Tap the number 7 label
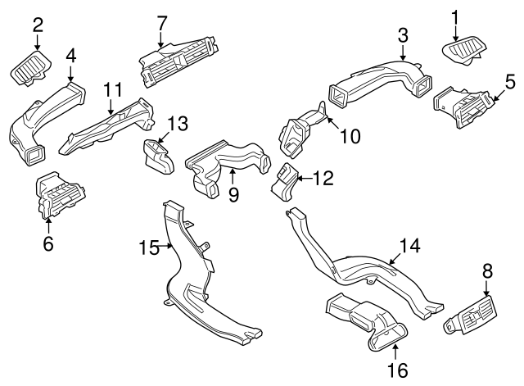(x=161, y=21)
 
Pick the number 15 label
(x=147, y=247)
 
